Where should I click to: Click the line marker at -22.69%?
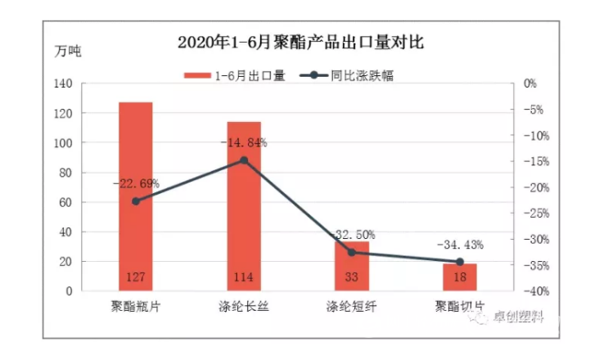[136, 200]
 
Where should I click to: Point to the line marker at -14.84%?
[244, 160]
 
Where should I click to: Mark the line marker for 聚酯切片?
[460, 262]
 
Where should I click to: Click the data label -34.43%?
[460, 245]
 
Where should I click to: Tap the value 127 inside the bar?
[136, 278]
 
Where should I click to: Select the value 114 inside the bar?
[244, 278]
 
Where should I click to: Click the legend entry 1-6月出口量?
[237, 75]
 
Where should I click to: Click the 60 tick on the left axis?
[66, 202]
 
